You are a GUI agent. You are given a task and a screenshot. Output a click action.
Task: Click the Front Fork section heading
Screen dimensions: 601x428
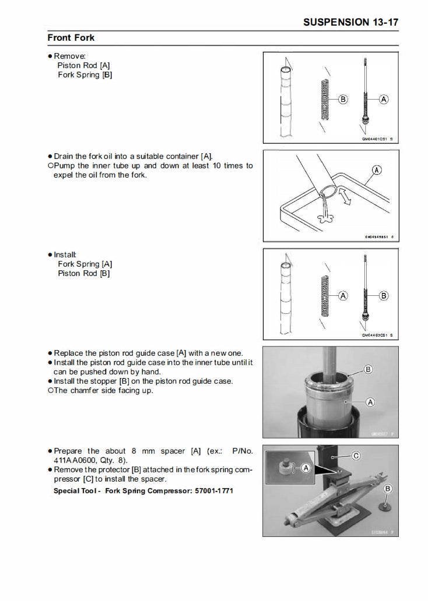71,38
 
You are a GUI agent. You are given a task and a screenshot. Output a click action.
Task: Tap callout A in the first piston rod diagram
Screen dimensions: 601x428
384,100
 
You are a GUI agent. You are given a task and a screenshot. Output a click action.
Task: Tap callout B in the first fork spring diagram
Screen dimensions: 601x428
343,100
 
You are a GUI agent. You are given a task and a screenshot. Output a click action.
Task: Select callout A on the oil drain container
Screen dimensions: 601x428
377,170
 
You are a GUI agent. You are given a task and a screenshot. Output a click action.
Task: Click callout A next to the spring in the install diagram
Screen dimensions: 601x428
343,296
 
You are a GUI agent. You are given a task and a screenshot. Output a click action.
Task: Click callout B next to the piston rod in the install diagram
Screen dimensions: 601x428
384,296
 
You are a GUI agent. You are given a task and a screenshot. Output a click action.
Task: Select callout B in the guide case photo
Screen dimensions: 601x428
368,369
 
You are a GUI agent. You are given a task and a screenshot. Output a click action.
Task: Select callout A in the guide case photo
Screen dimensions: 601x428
370,402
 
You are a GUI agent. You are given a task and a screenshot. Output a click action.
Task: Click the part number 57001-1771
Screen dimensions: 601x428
217,490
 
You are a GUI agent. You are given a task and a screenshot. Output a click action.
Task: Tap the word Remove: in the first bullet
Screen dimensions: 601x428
70,56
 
